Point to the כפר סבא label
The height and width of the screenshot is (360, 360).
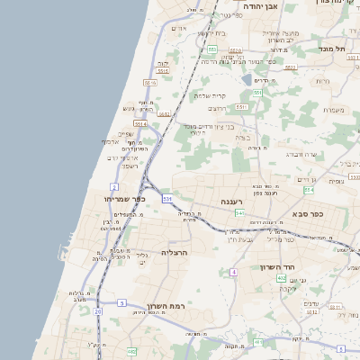pyautogui.click(x=308, y=216)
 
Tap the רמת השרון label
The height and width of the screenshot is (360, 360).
pyautogui.click(x=162, y=306)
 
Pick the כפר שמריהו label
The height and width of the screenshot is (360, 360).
pyautogui.click(x=124, y=199)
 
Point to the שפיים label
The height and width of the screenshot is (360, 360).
pyautogui.click(x=125, y=134)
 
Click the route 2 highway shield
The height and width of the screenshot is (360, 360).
pyautogui.click(x=115, y=187)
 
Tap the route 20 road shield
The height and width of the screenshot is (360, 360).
pyautogui.click(x=97, y=311)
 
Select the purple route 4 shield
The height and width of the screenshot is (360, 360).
pyautogui.click(x=233, y=271)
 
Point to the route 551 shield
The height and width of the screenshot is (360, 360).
pyautogui.click(x=257, y=92)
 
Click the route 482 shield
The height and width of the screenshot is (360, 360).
pyautogui.click(x=131, y=351)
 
